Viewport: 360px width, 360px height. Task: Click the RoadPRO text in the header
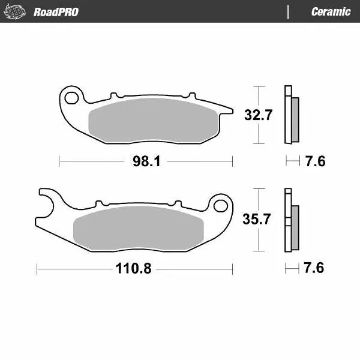[x=55, y=11]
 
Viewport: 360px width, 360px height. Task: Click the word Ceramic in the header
[x=331, y=11]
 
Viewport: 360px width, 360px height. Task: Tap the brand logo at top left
[x=17, y=11]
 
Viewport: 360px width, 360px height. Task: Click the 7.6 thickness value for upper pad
[x=315, y=161]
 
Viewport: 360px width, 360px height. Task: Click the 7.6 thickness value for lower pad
[x=314, y=268]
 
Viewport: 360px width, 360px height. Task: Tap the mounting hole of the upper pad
[x=73, y=97]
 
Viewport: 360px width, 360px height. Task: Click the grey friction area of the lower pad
[x=138, y=227]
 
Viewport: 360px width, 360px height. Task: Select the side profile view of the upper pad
[x=292, y=115]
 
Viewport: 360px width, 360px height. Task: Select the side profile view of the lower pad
[x=291, y=221]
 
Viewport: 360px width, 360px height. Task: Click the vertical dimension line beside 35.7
[x=258, y=219]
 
